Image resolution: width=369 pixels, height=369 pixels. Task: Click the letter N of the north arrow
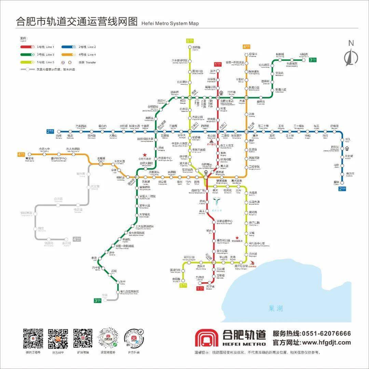(351, 43)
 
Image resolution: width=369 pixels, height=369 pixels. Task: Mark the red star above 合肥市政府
(145, 155)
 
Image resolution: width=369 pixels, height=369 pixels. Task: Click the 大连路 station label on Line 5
(253, 193)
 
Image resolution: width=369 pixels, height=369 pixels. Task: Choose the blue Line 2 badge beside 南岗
(51, 131)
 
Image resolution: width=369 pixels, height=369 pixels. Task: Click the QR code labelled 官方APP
(58, 339)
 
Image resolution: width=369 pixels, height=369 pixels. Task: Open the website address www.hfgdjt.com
(326, 342)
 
